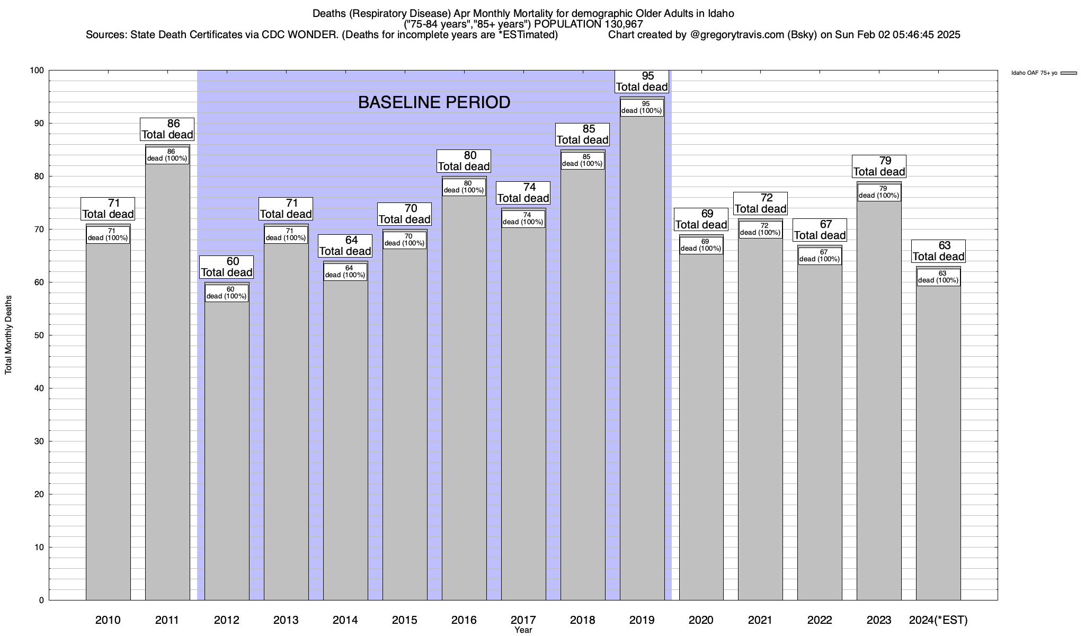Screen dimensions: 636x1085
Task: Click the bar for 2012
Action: coord(227,450)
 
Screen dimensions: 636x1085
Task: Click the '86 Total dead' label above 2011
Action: coord(167,129)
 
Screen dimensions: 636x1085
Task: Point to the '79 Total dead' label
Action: coord(879,166)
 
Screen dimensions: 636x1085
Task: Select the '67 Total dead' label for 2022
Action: coord(820,230)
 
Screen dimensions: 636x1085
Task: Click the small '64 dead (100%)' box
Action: coord(345,272)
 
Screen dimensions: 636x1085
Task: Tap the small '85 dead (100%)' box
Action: coord(582,161)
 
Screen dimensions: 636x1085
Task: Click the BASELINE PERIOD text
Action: coord(434,102)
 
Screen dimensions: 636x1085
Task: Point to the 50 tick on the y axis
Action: coord(39,335)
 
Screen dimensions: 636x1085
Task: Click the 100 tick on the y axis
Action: coord(37,70)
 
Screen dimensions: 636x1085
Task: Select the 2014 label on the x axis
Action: coord(345,620)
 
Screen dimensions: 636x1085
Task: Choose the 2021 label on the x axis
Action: coord(760,620)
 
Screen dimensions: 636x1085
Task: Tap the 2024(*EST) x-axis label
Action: coord(938,620)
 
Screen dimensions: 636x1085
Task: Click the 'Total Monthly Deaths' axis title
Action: coord(8,335)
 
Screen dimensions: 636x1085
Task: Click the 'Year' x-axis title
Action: coord(523,630)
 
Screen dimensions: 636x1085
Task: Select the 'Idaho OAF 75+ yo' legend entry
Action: coord(1034,73)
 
